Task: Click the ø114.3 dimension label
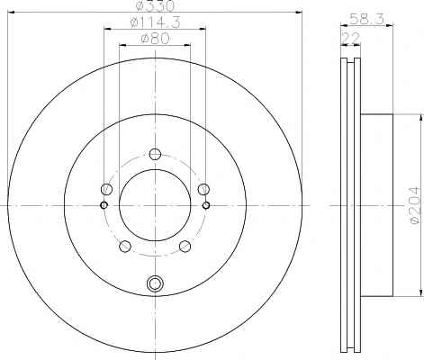tap(156, 22)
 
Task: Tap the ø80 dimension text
tap(155, 39)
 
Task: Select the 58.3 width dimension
tap(367, 20)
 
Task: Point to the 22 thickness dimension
tap(351, 39)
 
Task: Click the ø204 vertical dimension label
tap(415, 205)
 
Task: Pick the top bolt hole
tap(155, 154)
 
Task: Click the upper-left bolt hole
tap(106, 189)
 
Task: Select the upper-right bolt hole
tap(203, 189)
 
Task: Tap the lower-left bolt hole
tap(125, 247)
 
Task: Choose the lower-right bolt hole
tap(185, 247)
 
